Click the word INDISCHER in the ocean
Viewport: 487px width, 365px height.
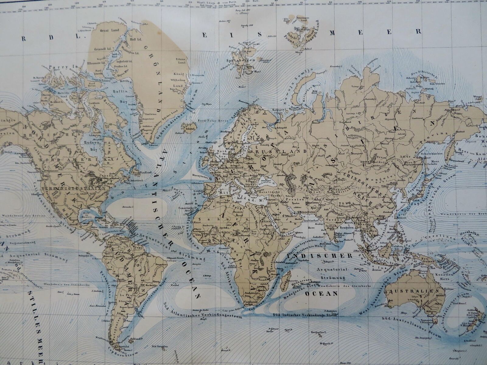click(x=320, y=256)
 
